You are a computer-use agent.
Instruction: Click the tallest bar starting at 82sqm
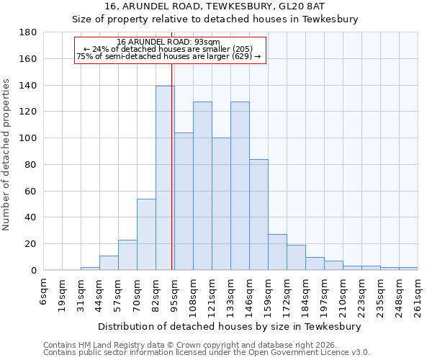pyautogui.click(x=165, y=178)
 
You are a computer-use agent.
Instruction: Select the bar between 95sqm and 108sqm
pyautogui.click(x=184, y=202)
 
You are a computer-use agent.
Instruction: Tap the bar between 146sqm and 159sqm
pyautogui.click(x=258, y=215)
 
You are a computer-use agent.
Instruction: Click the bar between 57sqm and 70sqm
pyautogui.click(x=127, y=255)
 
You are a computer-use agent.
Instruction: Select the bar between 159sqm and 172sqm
pyautogui.click(x=277, y=252)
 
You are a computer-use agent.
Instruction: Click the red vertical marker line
pyautogui.click(x=172, y=180)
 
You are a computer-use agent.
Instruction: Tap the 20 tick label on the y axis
pyautogui.click(x=32, y=244)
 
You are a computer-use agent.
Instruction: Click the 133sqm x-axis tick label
pyautogui.click(x=231, y=293)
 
